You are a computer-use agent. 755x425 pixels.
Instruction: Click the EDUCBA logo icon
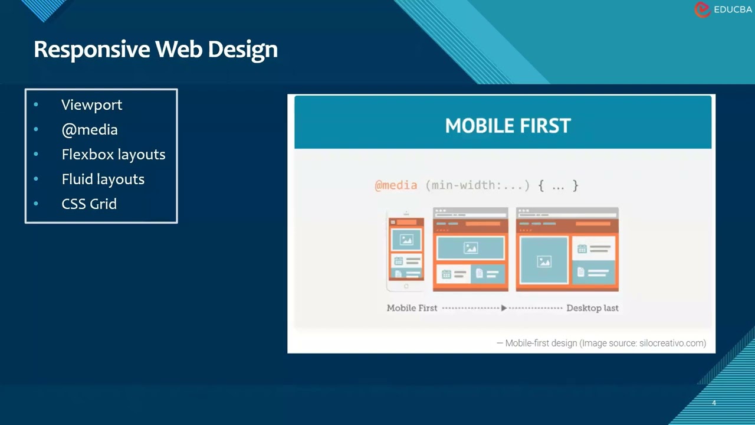pos(702,9)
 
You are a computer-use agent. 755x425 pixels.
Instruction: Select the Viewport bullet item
pos(91,105)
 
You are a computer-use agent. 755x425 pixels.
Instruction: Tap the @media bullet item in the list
pos(90,130)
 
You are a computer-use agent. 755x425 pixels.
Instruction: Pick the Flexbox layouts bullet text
pos(113,155)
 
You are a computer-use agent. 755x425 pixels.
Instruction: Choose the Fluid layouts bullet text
pos(103,179)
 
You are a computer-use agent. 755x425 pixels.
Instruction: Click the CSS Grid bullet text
pos(89,204)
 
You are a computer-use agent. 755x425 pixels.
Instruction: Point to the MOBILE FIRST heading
pos(508,126)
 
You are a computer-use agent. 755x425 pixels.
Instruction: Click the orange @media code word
pos(396,185)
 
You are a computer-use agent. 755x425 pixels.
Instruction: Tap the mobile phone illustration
pos(406,251)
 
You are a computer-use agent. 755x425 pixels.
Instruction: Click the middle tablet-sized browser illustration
pos(470,249)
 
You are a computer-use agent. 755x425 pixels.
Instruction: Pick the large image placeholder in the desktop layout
pos(544,260)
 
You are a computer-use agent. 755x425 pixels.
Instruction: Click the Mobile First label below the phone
pos(412,308)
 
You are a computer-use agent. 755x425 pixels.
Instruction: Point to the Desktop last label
pos(592,308)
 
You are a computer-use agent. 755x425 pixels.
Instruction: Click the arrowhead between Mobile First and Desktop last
pos(504,308)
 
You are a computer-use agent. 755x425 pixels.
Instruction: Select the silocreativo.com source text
pos(672,343)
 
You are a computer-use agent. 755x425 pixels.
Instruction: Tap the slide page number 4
pos(714,403)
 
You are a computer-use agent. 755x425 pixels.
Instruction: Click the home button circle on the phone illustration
pos(406,286)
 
